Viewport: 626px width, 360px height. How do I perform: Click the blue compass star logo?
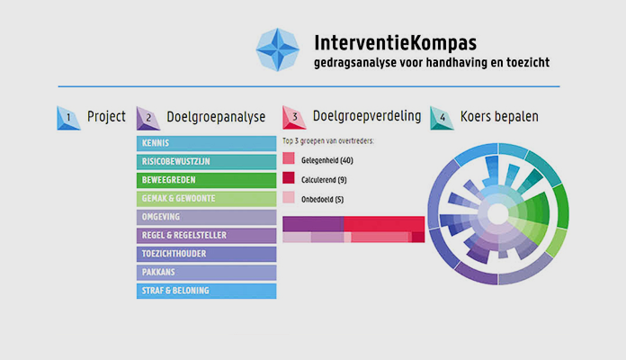[x=280, y=49]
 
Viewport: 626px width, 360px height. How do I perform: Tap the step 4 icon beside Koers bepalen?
[x=442, y=117]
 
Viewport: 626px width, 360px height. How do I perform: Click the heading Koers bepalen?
[x=499, y=117]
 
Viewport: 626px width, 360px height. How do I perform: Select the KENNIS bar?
[x=206, y=143]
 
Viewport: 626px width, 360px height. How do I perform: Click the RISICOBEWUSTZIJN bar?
[x=206, y=162]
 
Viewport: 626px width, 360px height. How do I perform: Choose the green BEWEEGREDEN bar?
[x=206, y=180]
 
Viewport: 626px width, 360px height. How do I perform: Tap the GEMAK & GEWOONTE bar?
[x=206, y=199]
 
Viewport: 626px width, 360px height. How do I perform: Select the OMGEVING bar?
[x=206, y=217]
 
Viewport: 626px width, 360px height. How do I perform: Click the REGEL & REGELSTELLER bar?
[x=206, y=236]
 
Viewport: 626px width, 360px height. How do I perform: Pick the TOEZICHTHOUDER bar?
[x=206, y=254]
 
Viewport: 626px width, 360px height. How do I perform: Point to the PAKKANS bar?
[x=206, y=273]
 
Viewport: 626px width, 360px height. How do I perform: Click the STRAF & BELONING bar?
[x=206, y=291]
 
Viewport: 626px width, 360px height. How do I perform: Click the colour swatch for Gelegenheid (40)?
[x=289, y=159]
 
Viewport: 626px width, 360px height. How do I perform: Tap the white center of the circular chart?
[x=496, y=214]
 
